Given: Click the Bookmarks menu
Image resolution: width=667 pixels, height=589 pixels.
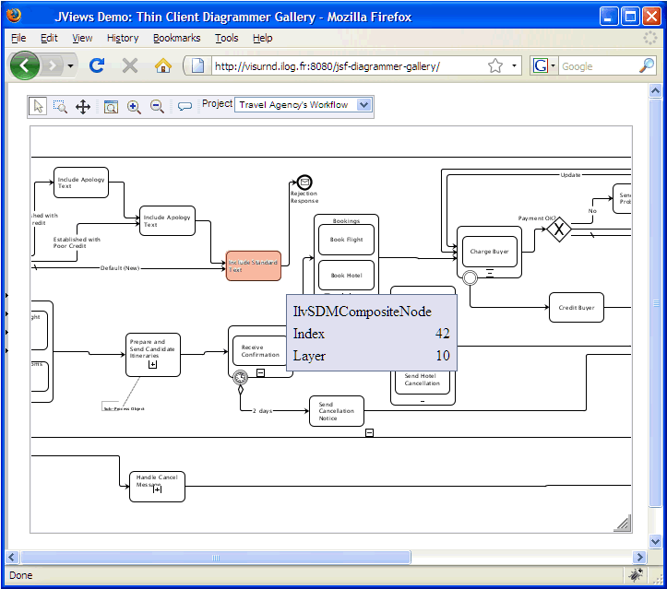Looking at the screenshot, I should [x=176, y=38].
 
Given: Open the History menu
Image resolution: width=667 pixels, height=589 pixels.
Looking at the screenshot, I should [x=123, y=38].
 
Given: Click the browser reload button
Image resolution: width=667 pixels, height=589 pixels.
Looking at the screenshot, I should [x=97, y=65].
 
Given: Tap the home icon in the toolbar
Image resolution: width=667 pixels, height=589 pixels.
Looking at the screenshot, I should [x=163, y=65].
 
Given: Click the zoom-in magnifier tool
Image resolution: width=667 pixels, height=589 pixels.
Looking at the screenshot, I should [x=134, y=107].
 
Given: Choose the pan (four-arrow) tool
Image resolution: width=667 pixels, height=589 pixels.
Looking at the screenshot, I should [x=83, y=107].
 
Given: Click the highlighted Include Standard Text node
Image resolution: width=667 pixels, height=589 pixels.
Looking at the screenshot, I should [x=253, y=265].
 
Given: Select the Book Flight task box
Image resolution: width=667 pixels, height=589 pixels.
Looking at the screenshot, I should [x=346, y=240].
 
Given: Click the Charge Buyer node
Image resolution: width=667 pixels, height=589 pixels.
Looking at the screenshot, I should [x=489, y=252].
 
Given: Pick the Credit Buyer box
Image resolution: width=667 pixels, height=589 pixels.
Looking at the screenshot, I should [x=576, y=308].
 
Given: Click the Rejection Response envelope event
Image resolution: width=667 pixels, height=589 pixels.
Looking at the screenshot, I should [x=304, y=183].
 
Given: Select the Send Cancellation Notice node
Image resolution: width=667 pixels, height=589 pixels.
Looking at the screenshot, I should [x=336, y=411].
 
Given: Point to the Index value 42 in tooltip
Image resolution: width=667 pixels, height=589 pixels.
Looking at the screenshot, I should [x=442, y=334].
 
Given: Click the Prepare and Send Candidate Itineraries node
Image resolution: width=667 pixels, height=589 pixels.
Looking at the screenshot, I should [x=152, y=354].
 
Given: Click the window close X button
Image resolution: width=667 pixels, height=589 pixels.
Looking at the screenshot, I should [x=651, y=17].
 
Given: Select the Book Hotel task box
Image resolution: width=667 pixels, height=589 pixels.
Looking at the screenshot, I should [x=346, y=275].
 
